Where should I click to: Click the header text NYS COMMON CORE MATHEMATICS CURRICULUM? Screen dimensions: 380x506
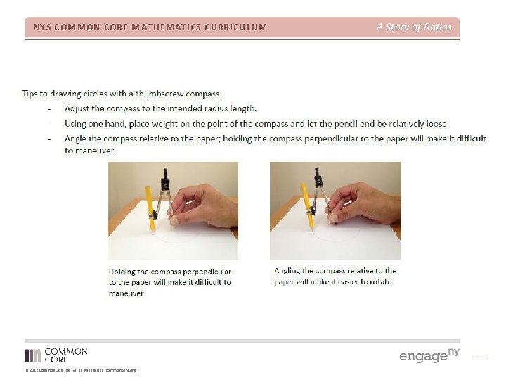click(x=150, y=27)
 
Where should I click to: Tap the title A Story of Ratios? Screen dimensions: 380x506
click(x=414, y=27)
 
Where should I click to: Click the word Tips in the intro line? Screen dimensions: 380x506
click(x=30, y=94)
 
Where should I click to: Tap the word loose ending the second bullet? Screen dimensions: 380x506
click(x=434, y=123)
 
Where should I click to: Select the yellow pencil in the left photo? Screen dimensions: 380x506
click(x=150, y=208)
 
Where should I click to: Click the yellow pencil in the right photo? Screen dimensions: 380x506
click(x=307, y=205)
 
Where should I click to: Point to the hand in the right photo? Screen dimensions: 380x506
click(x=365, y=204)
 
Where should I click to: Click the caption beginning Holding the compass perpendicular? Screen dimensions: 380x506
click(x=169, y=282)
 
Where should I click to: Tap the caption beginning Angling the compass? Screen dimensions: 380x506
click(x=335, y=276)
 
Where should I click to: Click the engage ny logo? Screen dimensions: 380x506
click(x=429, y=355)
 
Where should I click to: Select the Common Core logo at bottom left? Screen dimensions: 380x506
click(x=56, y=355)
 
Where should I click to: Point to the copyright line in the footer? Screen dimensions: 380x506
click(x=81, y=370)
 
